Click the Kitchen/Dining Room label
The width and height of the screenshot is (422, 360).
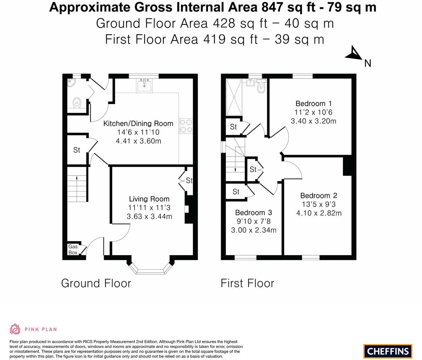point(138,124)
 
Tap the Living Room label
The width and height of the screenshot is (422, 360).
point(149,199)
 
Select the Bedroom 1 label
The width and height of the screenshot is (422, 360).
point(314,103)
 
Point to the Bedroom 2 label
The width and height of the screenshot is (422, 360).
point(319,195)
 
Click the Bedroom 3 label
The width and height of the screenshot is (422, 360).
point(253,212)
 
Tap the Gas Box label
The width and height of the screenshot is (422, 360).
point(73,250)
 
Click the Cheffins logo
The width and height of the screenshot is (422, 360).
point(388,351)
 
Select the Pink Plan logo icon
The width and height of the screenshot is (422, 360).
point(15,329)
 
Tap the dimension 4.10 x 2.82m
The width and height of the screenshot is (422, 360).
point(319,213)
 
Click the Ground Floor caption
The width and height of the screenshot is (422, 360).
point(96,283)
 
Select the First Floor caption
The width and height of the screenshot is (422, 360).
point(247,283)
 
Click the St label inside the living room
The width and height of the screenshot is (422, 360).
point(189,180)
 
